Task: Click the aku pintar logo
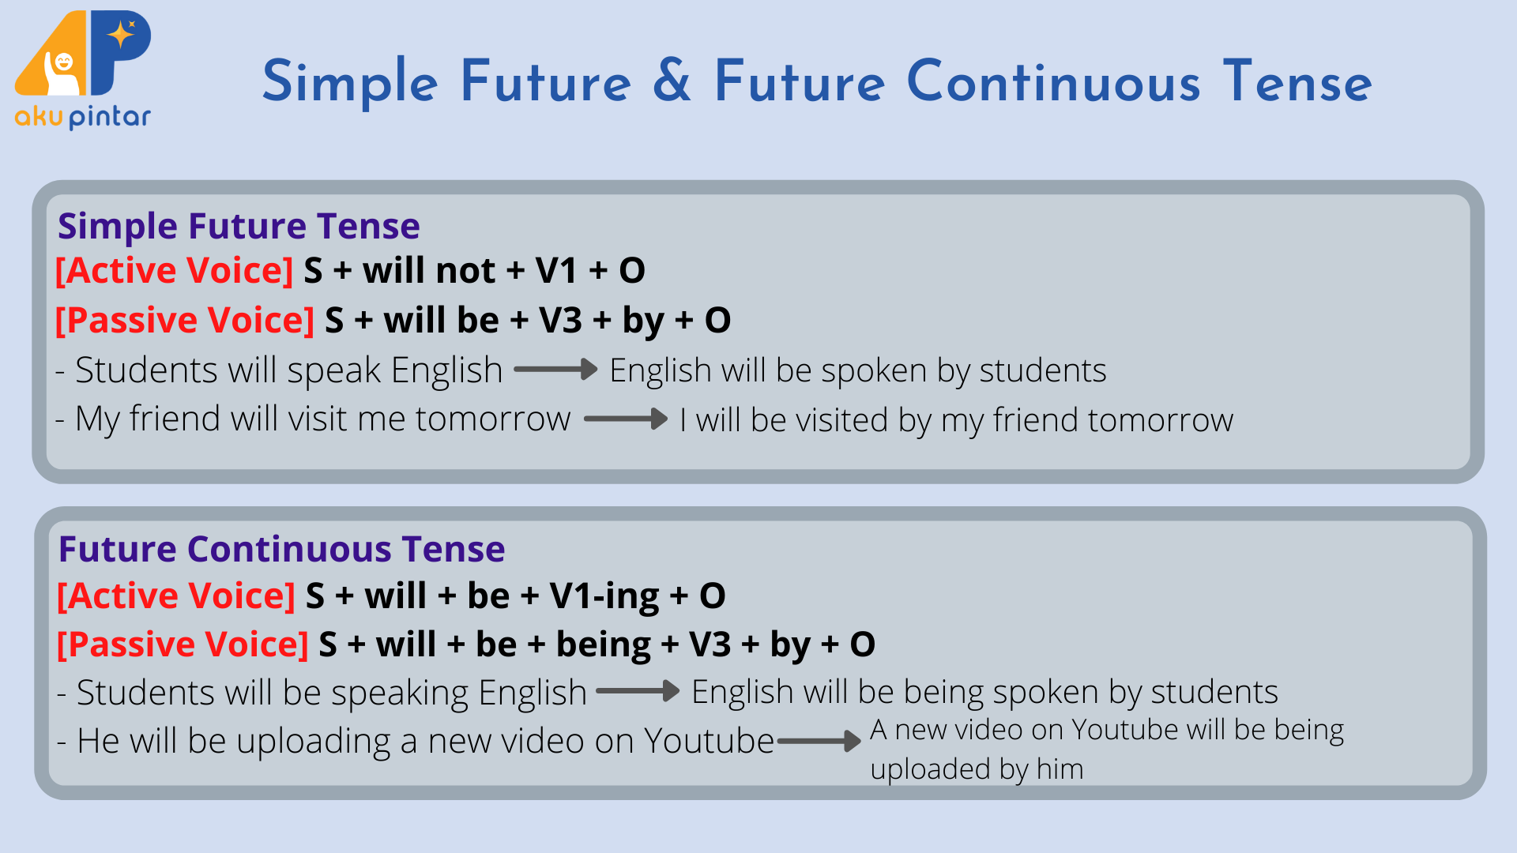[83, 70]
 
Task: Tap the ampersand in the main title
[672, 81]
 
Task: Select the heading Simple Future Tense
[239, 227]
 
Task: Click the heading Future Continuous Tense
[281, 549]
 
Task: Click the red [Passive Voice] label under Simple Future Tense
[185, 321]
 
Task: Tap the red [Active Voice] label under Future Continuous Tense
[176, 596]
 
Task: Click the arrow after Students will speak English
[555, 369]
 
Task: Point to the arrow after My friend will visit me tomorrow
[626, 419]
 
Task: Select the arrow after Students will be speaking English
[638, 691]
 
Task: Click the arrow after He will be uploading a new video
[819, 741]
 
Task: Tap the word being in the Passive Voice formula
[604, 645]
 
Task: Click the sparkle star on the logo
[121, 35]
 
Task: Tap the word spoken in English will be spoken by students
[874, 371]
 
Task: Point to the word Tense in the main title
[1297, 81]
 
